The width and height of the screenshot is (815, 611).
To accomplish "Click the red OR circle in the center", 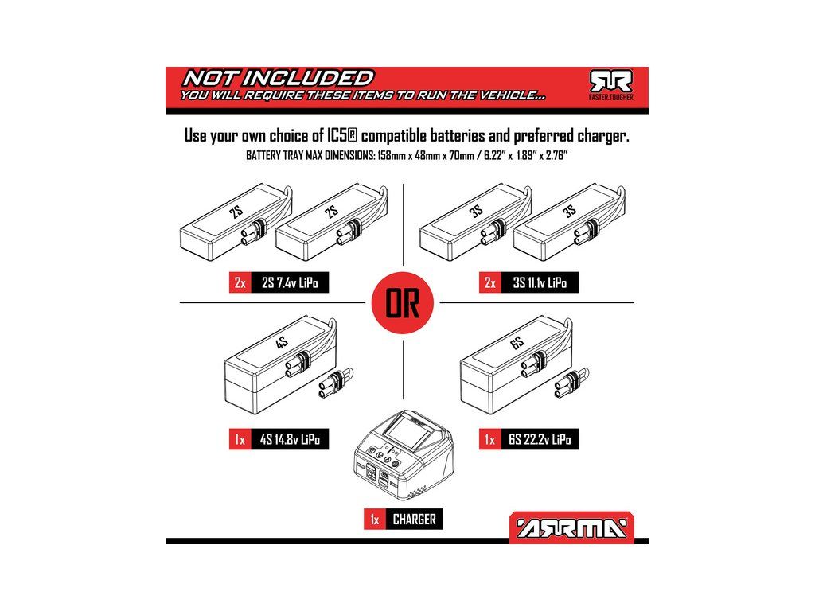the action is point(402,303).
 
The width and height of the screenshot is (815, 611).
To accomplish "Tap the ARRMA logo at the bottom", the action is point(571,528).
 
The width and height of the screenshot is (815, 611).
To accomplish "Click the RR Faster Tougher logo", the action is point(610,85).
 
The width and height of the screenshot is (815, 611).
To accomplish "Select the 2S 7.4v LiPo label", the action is point(290,283).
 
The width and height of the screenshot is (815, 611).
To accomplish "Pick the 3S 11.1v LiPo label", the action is point(540,283).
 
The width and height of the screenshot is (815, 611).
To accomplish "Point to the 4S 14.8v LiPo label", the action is point(290,439).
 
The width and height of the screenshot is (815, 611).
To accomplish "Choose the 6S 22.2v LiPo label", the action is point(540,439).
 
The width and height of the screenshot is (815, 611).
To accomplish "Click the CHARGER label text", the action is point(414,519).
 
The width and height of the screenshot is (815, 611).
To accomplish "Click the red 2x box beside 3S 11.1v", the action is point(490,283).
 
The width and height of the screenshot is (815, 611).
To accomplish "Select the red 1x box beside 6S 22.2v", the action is point(490,439).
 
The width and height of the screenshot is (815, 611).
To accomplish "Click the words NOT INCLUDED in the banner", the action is point(278,78).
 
